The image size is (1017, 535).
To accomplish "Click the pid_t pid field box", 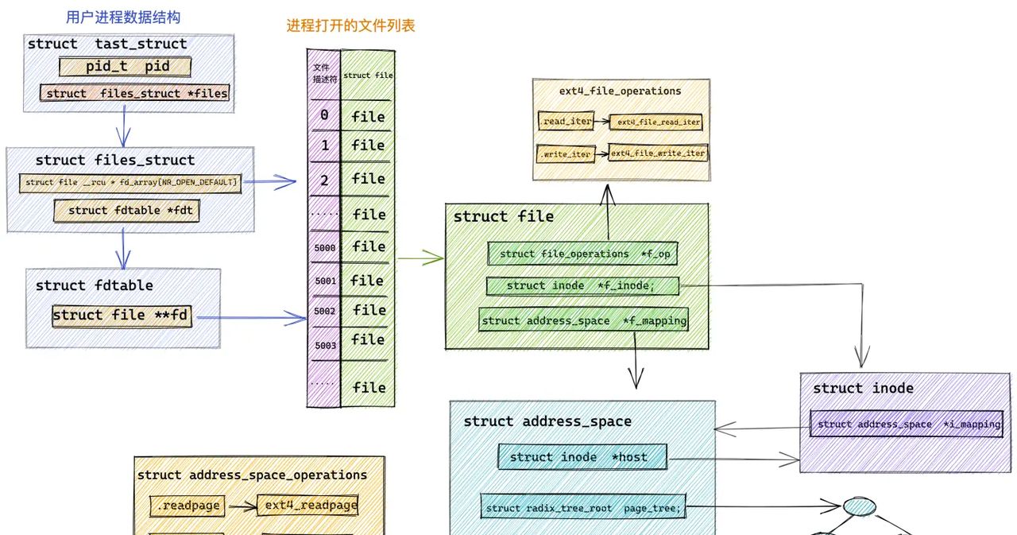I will coord(126,67).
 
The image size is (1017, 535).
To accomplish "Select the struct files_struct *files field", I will coord(136,93).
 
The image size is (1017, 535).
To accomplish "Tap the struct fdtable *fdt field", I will coord(126,211).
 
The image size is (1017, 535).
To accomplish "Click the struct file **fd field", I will coord(122,316).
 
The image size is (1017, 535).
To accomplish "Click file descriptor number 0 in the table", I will coord(324,116).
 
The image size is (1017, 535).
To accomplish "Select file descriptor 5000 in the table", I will coord(324,248).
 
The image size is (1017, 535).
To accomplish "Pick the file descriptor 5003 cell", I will coord(324,346).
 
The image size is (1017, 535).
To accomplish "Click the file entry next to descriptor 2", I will coord(368,179).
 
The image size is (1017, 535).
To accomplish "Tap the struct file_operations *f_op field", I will coord(582,254).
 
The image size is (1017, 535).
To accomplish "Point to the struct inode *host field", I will coord(582,457).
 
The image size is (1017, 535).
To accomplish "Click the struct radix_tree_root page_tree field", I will coord(583,508).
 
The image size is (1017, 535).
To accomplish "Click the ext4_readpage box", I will coord(310,506).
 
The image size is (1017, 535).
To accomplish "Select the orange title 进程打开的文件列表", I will coord(350,25).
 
